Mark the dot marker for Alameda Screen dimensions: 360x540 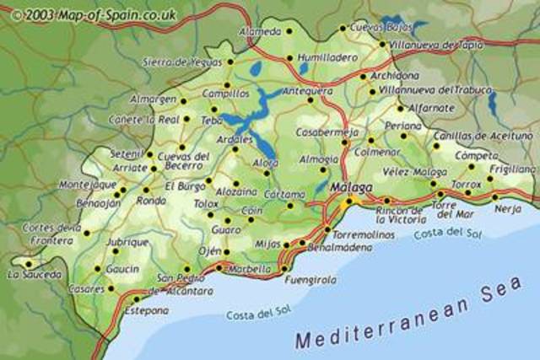pyautogui.click(x=289, y=31)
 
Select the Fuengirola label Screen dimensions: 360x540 pyautogui.click(x=310, y=279)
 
